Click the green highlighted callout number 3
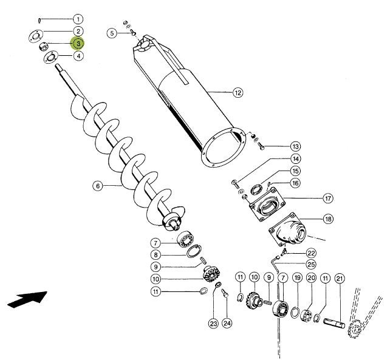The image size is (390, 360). [78, 44]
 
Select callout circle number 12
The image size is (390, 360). [238, 93]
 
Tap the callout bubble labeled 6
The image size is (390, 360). [98, 186]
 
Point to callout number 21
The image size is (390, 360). [340, 279]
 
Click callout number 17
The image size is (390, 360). [328, 199]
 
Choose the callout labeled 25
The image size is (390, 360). [311, 264]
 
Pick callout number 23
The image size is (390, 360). [213, 324]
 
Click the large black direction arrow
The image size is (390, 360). [27, 299]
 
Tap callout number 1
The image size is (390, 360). [78, 19]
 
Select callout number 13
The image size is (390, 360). [295, 146]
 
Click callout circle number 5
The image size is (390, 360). [112, 33]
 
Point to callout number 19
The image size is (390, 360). [297, 278]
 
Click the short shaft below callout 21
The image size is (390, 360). [334, 324]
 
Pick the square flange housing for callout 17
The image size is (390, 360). [266, 205]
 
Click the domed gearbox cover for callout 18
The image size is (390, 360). [289, 229]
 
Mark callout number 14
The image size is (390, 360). [295, 158]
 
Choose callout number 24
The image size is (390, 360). [227, 324]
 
